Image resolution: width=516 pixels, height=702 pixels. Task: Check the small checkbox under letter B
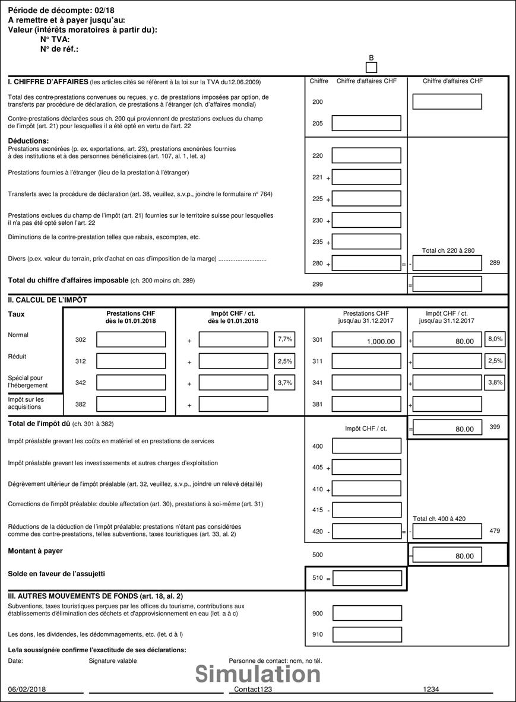click(372, 68)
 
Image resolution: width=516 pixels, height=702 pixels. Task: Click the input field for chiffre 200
click(447, 101)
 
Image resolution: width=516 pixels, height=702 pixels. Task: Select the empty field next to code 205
click(366, 123)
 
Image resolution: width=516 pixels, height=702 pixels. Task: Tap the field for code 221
click(366, 177)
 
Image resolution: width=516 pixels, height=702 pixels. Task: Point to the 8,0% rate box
click(495, 339)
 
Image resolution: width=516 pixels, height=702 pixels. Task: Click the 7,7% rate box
click(284, 339)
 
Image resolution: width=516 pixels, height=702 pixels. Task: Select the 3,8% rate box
click(495, 382)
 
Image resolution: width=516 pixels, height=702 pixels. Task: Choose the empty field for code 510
click(367, 578)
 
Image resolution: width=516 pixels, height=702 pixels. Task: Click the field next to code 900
click(367, 613)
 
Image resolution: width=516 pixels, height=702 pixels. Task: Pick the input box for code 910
click(367, 634)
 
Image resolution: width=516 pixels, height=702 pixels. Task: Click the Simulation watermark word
click(258, 674)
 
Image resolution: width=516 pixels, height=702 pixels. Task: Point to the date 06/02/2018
click(27, 690)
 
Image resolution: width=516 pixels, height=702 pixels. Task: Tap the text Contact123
click(253, 690)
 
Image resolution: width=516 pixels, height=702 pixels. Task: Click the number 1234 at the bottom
click(431, 690)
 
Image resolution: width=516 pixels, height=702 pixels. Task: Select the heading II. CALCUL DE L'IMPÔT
click(48, 300)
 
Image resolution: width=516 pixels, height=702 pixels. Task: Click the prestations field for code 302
click(131, 339)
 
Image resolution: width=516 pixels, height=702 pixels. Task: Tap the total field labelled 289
click(447, 263)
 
